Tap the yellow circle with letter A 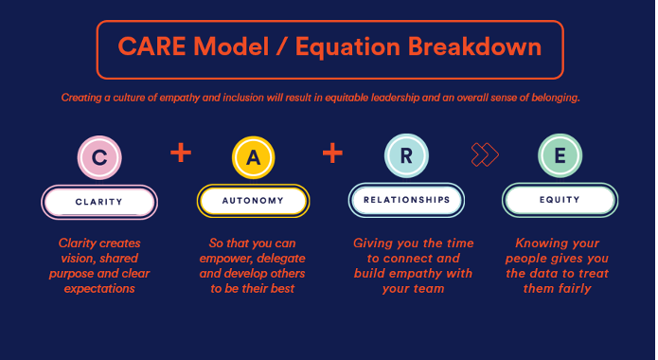253,158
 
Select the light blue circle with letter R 405,157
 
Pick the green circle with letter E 560,157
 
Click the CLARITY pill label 99,202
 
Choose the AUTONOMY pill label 253,201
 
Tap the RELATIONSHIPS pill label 405,201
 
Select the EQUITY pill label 560,201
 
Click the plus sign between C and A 180,153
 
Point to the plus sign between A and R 332,153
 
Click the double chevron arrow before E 485,154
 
